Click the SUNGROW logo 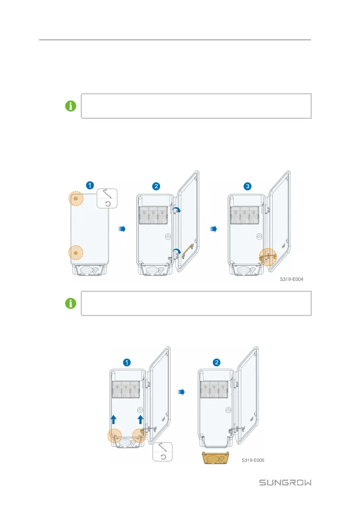[285, 482]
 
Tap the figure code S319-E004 [291, 279]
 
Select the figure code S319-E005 [253, 460]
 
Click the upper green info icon [71, 106]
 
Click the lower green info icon [71, 304]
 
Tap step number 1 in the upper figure [90, 185]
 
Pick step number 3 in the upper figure [247, 186]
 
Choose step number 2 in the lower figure [216, 362]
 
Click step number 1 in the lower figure [127, 362]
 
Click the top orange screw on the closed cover [76, 199]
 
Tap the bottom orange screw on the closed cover [76, 253]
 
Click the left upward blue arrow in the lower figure [113, 419]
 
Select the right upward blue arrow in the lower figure [140, 419]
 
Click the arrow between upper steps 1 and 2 [122, 229]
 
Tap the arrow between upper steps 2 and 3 [214, 229]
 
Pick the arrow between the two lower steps [181, 392]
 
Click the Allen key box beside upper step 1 [107, 198]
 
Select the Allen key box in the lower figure [162, 452]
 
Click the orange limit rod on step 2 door [188, 251]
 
